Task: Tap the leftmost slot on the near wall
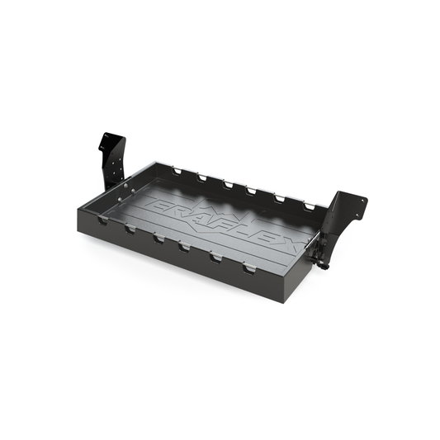(102, 221)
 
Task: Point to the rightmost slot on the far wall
(310, 206)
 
